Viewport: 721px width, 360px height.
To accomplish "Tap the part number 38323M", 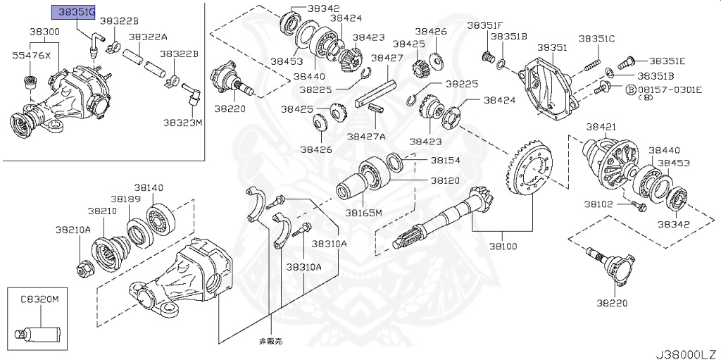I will [x=183, y=123].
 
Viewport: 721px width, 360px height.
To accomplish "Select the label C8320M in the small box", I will [x=39, y=299].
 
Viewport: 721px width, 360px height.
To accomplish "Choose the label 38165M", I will [x=363, y=212].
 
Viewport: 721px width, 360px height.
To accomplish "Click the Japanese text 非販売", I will [x=270, y=341].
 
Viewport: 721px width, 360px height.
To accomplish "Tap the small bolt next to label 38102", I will [x=639, y=206].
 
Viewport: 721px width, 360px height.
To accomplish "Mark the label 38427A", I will [x=372, y=136].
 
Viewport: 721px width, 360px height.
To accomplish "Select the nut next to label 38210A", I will [x=83, y=268].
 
